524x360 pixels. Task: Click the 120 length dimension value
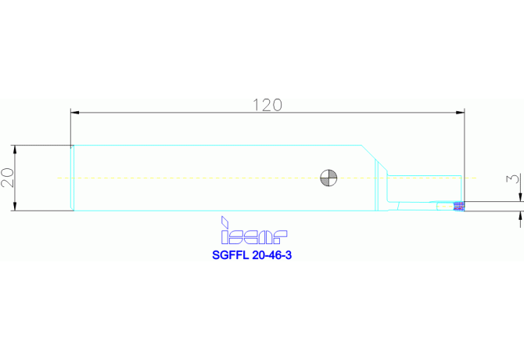(x=267, y=105)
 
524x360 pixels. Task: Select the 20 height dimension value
(x=7, y=178)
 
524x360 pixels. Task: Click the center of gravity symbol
(x=328, y=178)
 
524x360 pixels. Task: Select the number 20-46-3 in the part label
(x=272, y=255)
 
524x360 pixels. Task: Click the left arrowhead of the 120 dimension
(x=75, y=113)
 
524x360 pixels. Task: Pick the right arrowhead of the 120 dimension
(x=460, y=113)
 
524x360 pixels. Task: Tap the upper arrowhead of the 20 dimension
(x=14, y=149)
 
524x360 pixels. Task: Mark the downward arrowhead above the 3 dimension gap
(x=520, y=197)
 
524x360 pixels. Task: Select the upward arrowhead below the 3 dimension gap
(x=520, y=215)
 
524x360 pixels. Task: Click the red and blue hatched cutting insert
(x=459, y=207)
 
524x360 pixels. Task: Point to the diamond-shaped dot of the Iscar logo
(x=225, y=221)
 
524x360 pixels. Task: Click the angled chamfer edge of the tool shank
(x=375, y=158)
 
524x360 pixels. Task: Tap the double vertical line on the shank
(x=376, y=185)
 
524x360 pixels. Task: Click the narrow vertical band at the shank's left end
(x=72, y=178)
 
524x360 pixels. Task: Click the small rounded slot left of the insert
(x=445, y=207)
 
